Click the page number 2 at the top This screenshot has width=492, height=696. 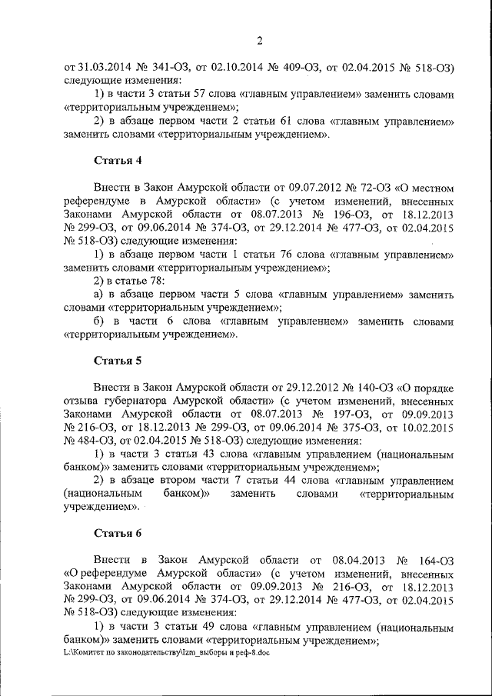(260, 40)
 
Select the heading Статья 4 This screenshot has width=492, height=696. (117, 161)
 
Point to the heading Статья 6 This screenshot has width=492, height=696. (117, 531)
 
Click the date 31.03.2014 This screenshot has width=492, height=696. (105, 67)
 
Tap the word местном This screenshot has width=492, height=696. (434, 186)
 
